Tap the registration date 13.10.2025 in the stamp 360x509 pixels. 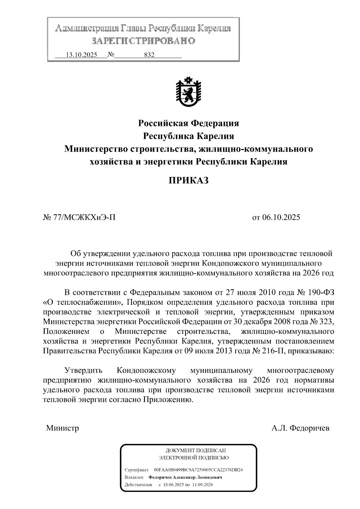(x=81, y=55)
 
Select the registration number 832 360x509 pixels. (x=149, y=55)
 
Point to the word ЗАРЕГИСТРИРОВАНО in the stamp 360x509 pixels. (x=143, y=41)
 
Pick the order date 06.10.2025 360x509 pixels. (x=281, y=217)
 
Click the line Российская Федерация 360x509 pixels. (x=188, y=123)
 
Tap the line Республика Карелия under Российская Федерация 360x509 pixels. (x=188, y=136)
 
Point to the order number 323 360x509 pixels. (x=326, y=322)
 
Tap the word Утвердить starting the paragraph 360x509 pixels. (x=83, y=370)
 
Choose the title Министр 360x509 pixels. (x=62, y=428)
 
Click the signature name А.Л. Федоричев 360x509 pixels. (x=300, y=428)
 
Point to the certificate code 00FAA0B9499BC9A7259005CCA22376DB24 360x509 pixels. (x=198, y=470)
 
